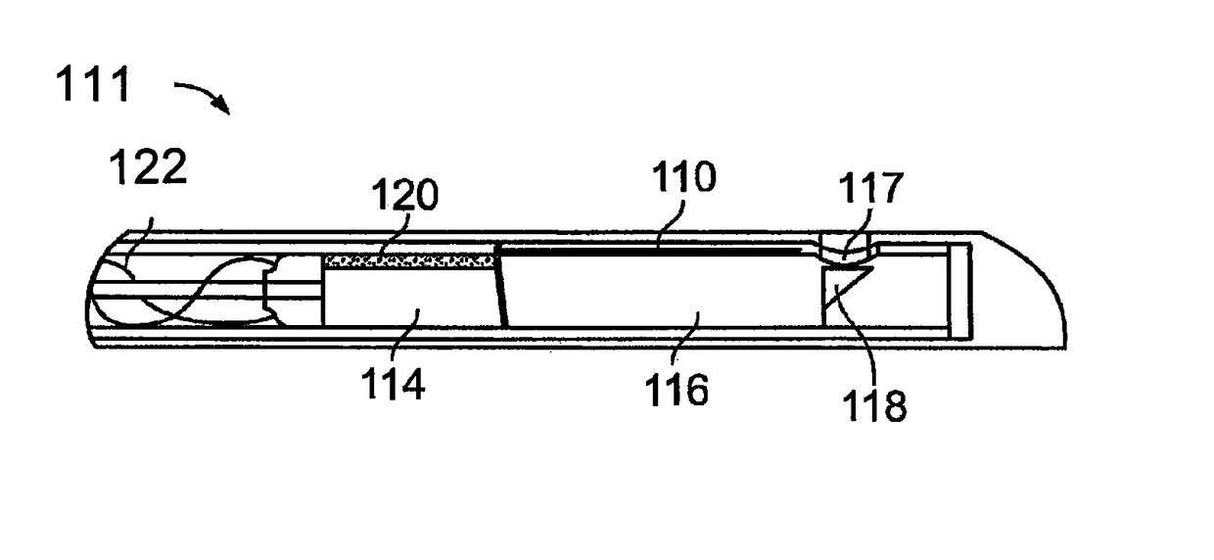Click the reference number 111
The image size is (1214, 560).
(92, 85)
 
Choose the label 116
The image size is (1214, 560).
(677, 389)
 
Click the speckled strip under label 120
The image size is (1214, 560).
(407, 260)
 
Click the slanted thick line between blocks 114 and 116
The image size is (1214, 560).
(502, 286)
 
